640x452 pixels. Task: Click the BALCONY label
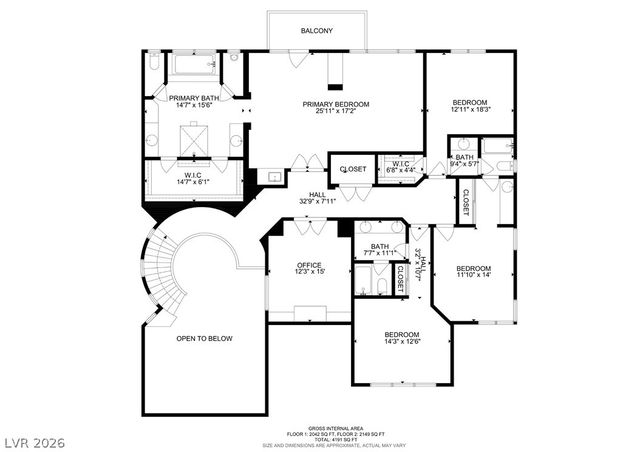(x=317, y=31)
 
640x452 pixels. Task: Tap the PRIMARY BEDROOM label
(x=337, y=104)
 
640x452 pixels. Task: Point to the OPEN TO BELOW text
(x=205, y=338)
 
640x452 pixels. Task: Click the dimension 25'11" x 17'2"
(x=337, y=111)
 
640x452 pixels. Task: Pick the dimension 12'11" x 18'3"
(x=469, y=110)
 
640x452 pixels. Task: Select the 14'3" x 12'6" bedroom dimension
(x=401, y=341)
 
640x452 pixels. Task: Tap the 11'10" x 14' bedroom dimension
(x=474, y=275)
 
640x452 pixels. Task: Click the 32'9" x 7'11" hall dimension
(x=317, y=202)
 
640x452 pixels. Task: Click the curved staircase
(x=161, y=270)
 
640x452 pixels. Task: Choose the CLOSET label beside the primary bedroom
(x=353, y=169)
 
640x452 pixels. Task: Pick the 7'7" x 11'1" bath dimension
(x=380, y=253)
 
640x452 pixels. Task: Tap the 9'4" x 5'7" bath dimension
(x=465, y=163)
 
